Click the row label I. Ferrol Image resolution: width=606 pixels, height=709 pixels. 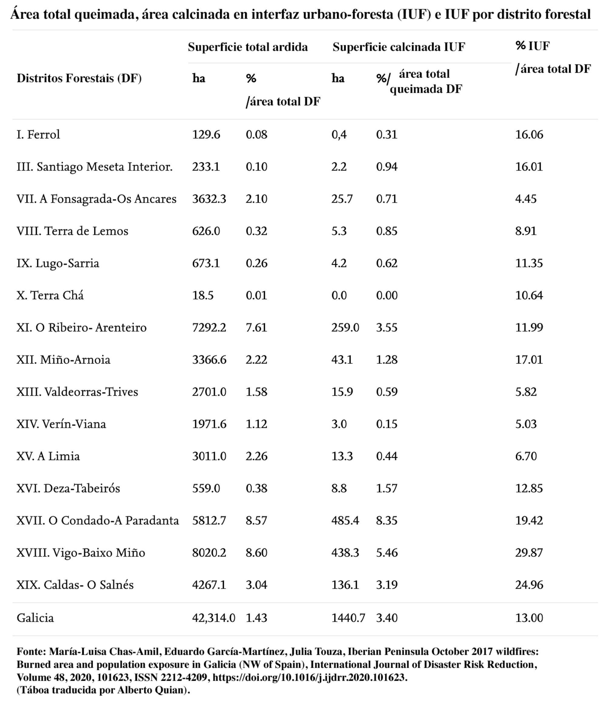[38, 134]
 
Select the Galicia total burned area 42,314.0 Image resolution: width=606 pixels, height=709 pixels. [213, 618]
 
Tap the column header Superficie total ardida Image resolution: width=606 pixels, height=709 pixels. [248, 47]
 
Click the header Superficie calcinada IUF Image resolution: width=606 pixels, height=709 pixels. [398, 47]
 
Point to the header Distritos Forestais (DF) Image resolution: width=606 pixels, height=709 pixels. [79, 78]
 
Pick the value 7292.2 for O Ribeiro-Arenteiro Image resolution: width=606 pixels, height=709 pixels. [209, 327]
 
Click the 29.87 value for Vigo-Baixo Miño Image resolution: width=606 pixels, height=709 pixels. [529, 553]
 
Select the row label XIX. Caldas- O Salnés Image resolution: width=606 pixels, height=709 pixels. [75, 585]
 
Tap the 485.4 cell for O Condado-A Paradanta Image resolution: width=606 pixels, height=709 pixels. [345, 521]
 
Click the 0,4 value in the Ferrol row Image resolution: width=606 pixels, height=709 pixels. [339, 134]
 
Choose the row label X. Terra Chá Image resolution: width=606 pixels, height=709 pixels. [50, 295]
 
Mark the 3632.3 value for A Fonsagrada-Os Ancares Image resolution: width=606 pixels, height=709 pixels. [209, 199]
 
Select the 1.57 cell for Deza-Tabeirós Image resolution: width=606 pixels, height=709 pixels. [387, 488]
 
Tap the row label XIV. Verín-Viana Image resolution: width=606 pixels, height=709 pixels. [61, 424]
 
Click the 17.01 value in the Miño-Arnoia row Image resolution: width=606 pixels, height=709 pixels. [529, 360]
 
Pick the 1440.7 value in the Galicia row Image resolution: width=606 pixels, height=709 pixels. [348, 618]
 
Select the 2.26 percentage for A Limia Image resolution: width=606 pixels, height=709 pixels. [256, 456]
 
